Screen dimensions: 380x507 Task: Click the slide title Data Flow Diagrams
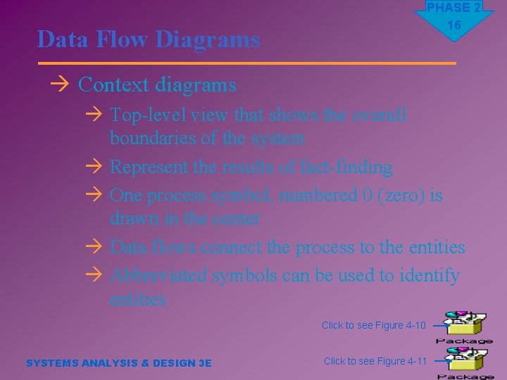(x=149, y=39)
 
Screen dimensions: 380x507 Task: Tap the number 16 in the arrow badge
(x=454, y=25)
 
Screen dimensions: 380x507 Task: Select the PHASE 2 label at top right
(x=454, y=8)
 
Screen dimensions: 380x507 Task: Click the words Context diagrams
(x=157, y=85)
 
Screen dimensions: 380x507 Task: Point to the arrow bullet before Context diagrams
(x=60, y=85)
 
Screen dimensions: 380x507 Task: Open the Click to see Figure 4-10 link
(x=373, y=325)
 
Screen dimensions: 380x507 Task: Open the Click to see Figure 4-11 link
(x=375, y=361)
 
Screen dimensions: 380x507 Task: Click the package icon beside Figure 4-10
(x=465, y=324)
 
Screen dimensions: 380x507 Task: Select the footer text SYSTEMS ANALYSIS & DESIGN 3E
(x=118, y=363)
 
